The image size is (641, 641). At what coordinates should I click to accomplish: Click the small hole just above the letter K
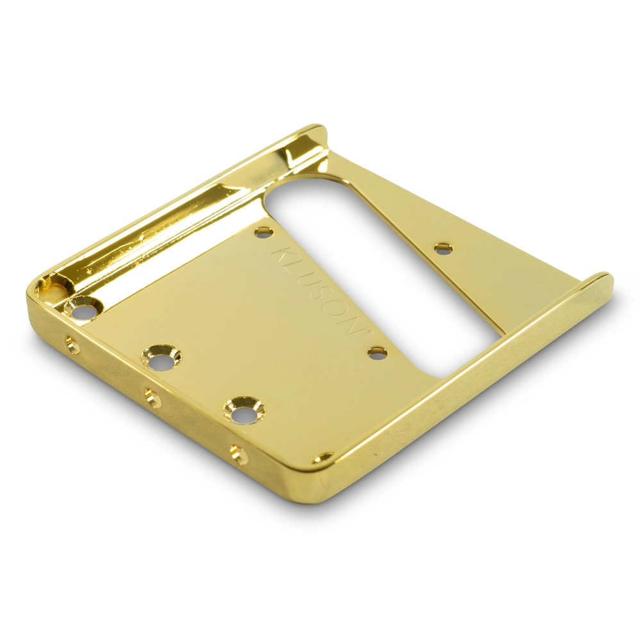263,233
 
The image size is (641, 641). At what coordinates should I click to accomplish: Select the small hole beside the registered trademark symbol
376,353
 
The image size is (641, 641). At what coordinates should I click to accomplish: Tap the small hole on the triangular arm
442,248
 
